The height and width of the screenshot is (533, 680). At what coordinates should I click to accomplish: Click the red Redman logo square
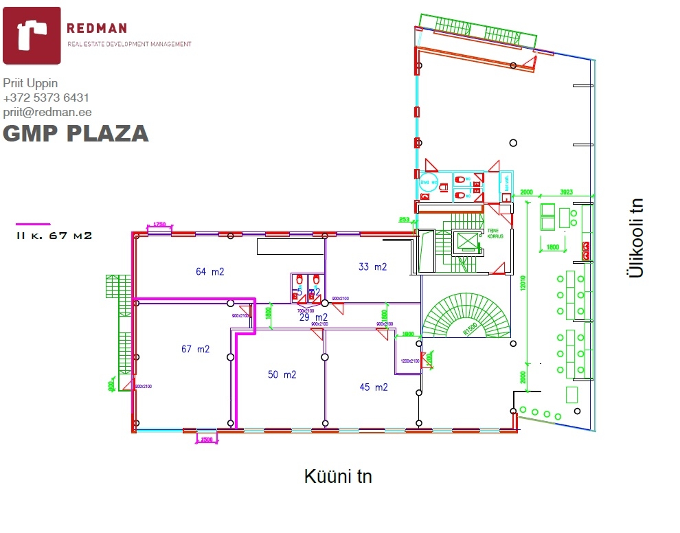pyautogui.click(x=32, y=35)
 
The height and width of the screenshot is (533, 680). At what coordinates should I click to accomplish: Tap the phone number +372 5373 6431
pyautogui.click(x=46, y=98)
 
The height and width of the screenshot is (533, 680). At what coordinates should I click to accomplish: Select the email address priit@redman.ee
pyautogui.click(x=47, y=112)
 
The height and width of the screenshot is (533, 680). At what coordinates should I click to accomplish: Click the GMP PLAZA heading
pyautogui.click(x=76, y=133)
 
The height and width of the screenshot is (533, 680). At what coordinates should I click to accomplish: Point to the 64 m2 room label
pyautogui.click(x=210, y=271)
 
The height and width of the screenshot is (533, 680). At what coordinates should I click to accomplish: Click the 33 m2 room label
pyautogui.click(x=373, y=266)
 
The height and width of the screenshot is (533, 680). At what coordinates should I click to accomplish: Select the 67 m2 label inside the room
pyautogui.click(x=195, y=349)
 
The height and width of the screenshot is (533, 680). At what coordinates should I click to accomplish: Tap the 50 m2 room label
pyautogui.click(x=282, y=374)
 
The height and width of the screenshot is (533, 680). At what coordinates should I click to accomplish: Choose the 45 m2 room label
pyautogui.click(x=374, y=387)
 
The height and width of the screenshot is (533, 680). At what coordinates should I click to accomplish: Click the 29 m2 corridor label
pyautogui.click(x=313, y=317)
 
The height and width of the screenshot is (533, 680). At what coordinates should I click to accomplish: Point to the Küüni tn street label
pyautogui.click(x=338, y=476)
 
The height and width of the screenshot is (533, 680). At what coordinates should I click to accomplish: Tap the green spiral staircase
pyautogui.click(x=467, y=316)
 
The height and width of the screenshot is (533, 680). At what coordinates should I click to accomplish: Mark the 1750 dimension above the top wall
pyautogui.click(x=159, y=225)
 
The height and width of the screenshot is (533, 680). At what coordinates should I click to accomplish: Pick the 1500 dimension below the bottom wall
pyautogui.click(x=207, y=440)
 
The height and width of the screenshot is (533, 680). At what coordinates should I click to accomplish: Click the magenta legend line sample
pyautogui.click(x=34, y=224)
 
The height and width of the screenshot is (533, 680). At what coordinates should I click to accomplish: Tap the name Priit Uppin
pyautogui.click(x=30, y=83)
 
